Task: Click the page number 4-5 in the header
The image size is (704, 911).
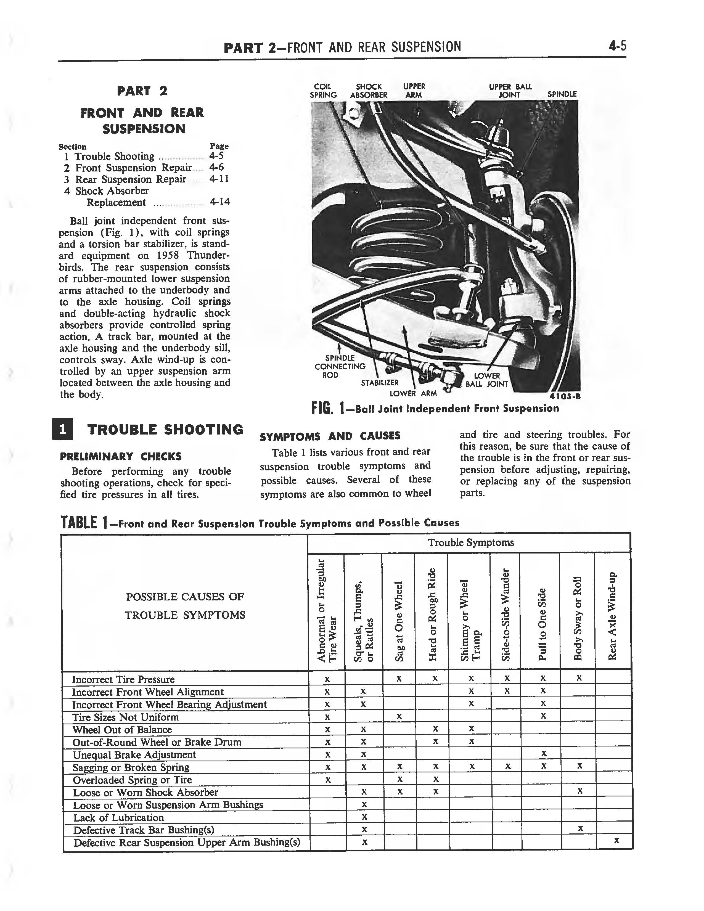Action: click(617, 46)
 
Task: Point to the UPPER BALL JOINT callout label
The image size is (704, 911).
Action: click(510, 91)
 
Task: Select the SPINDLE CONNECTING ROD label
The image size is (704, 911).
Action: click(340, 366)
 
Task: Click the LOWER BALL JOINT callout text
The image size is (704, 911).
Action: click(487, 380)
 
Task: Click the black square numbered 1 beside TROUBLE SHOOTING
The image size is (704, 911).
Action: click(63, 429)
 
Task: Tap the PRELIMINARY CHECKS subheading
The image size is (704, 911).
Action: click(121, 456)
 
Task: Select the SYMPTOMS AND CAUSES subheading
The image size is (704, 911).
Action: click(330, 436)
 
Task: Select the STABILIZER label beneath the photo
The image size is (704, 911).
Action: click(380, 383)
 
